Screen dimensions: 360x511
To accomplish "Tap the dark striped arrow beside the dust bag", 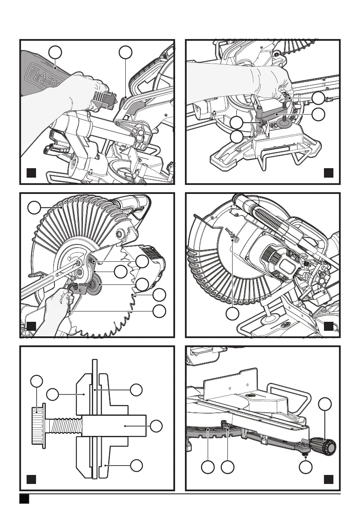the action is (105, 100).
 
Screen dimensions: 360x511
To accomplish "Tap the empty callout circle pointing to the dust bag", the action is (55, 52).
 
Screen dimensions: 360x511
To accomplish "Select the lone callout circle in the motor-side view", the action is (233, 314).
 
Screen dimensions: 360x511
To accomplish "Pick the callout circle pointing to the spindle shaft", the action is (157, 426).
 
